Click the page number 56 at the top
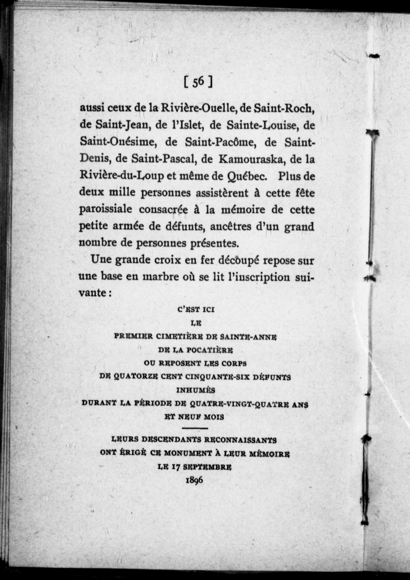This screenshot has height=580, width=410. [198, 82]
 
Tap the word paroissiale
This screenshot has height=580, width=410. [105, 209]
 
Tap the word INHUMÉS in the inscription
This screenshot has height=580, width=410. [196, 390]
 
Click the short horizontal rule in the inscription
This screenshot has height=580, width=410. [195, 428]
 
